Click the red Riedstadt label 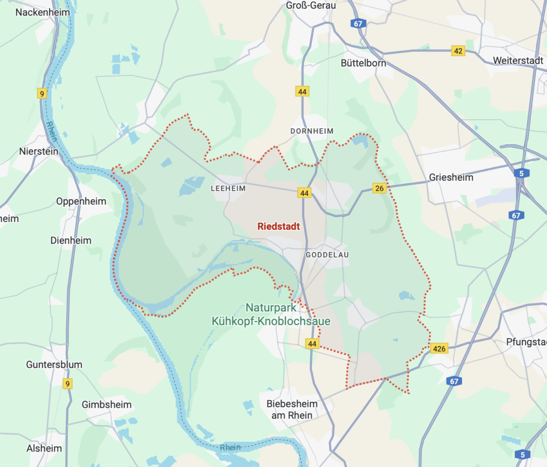pyautogui.click(x=278, y=227)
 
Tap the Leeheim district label pyautogui.click(x=228, y=189)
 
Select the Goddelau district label pyautogui.click(x=327, y=255)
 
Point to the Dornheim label pyautogui.click(x=312, y=131)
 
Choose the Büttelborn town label pyautogui.click(x=363, y=63)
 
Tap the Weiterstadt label pyautogui.click(x=518, y=60)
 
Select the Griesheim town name pyautogui.click(x=451, y=177)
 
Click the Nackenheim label pyautogui.click(x=40, y=12)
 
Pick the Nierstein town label pyautogui.click(x=38, y=151)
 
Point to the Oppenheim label pyautogui.click(x=81, y=201)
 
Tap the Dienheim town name pyautogui.click(x=71, y=240)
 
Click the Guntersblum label pyautogui.click(x=54, y=365)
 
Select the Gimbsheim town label pyautogui.click(x=106, y=404)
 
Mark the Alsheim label pyautogui.click(x=44, y=448)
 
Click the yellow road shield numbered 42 pyautogui.click(x=458, y=51)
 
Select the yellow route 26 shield pyautogui.click(x=379, y=188)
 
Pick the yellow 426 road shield pyautogui.click(x=439, y=349)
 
